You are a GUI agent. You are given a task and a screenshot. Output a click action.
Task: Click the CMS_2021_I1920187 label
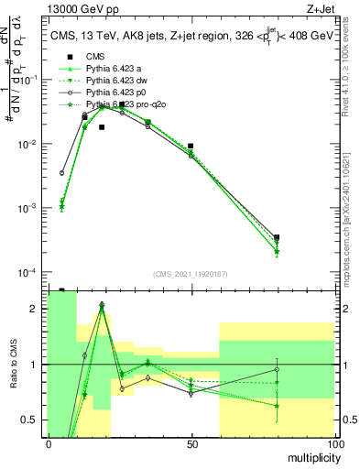tap(191, 274)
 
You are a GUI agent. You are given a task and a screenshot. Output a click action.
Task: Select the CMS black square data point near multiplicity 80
tap(277, 237)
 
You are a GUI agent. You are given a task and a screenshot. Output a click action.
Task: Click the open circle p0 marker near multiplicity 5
tap(62, 172)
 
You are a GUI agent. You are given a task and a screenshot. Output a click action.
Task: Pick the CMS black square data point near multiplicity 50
tap(191, 146)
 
